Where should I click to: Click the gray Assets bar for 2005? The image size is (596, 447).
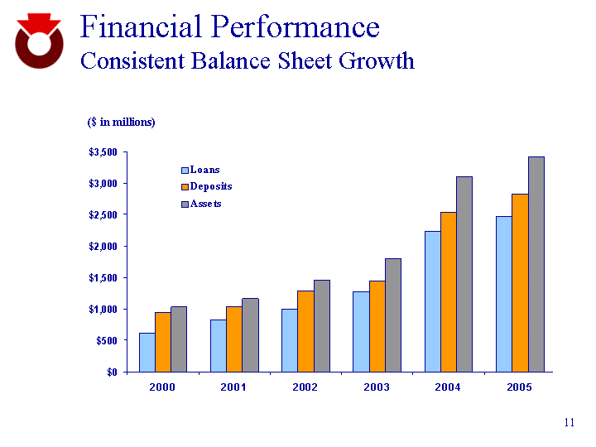pos(536,263)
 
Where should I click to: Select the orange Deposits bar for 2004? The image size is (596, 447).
pos(449,291)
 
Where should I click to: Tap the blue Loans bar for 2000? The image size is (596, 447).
pos(147,352)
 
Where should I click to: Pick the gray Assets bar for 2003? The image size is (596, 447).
pos(393,315)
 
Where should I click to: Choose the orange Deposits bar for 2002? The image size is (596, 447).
pos(305,331)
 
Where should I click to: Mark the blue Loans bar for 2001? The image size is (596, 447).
pos(218,345)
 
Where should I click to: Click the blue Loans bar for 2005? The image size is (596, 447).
pos(504,294)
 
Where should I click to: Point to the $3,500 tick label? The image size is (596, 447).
pos(103,152)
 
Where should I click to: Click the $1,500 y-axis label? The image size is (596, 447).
pos(103,277)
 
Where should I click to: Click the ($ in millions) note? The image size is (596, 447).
pos(122,123)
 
